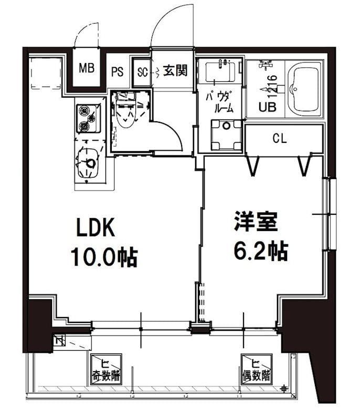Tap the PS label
tap(117, 71)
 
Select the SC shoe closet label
tap(142, 71)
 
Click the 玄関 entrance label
tap(175, 70)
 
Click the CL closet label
tap(279, 139)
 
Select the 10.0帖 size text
tap(104, 257)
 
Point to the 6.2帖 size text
tap(260, 251)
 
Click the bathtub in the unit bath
tap(306, 89)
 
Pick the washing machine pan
tap(227, 135)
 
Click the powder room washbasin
tap(220, 72)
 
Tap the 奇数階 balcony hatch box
tap(106, 369)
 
